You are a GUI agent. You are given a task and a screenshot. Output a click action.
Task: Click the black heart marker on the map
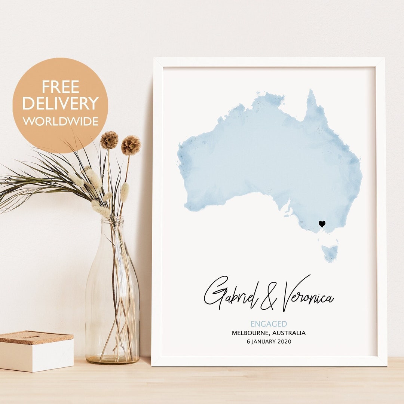click(x=322, y=224)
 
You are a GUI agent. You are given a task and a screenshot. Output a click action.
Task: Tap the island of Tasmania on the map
click(x=330, y=253)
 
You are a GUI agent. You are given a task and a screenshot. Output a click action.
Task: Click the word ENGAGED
click(x=269, y=324)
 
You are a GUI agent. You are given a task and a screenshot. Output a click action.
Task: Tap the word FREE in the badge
click(x=60, y=87)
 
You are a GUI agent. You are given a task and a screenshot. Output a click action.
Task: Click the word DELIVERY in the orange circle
click(x=60, y=103)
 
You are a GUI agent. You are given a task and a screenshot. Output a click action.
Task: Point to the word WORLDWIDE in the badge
click(x=60, y=121)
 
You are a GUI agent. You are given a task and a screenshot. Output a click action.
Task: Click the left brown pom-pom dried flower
click(x=109, y=140)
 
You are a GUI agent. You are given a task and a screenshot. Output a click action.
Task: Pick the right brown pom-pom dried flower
click(x=131, y=145)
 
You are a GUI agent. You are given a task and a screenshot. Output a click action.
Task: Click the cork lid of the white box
click(x=36, y=336)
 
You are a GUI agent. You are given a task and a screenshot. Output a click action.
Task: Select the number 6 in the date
click(x=248, y=342)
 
